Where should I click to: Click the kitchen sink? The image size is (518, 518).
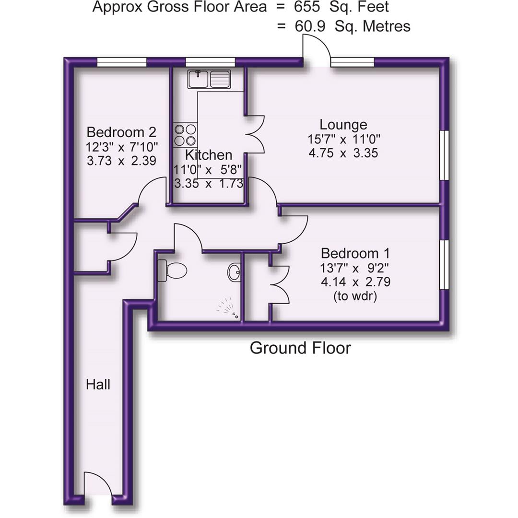[x=210, y=79]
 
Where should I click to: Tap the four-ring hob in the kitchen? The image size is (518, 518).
[x=185, y=135]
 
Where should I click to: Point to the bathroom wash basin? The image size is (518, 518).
[x=235, y=272]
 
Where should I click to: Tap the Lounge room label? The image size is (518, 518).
[x=343, y=125]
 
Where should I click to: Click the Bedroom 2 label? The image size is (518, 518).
[x=121, y=132]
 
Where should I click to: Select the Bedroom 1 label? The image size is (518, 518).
[x=355, y=253]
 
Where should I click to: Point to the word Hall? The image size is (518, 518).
[x=98, y=384]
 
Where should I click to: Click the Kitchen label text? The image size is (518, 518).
[x=209, y=155]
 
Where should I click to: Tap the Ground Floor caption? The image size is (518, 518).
[x=300, y=348]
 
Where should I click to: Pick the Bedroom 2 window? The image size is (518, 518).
[x=121, y=61]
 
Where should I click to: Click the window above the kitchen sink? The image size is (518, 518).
[x=210, y=61]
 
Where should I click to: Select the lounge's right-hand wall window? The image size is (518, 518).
[x=445, y=154]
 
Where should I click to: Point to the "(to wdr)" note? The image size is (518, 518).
[x=355, y=297]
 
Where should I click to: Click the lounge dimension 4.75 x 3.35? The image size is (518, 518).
[x=343, y=153]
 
